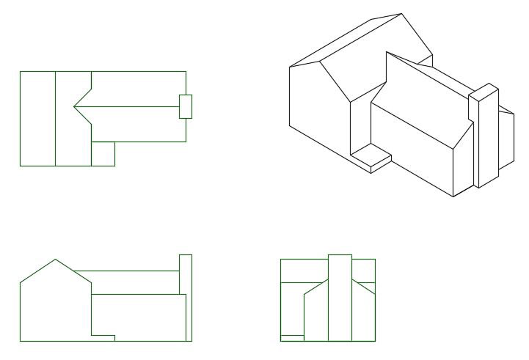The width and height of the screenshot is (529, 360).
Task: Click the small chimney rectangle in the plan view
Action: point(186,106)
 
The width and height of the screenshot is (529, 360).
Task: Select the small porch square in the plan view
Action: point(103,154)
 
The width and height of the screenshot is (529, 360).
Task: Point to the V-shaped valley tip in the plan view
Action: point(74,107)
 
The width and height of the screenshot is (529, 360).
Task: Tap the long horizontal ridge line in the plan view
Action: point(128,107)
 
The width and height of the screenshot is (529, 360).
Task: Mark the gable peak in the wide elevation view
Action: point(54,260)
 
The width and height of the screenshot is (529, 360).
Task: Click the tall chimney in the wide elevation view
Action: point(186,297)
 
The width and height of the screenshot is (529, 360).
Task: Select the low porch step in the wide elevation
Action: point(103,338)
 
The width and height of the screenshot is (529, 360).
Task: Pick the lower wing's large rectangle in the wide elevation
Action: point(138,315)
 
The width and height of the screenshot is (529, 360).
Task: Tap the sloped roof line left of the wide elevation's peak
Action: point(37,271)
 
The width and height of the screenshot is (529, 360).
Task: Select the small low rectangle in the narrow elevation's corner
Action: point(292,338)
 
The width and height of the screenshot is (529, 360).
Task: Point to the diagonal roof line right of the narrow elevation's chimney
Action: point(364,285)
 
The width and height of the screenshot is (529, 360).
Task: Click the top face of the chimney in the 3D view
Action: point(484,92)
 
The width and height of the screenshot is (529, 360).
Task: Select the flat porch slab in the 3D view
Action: point(371,156)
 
